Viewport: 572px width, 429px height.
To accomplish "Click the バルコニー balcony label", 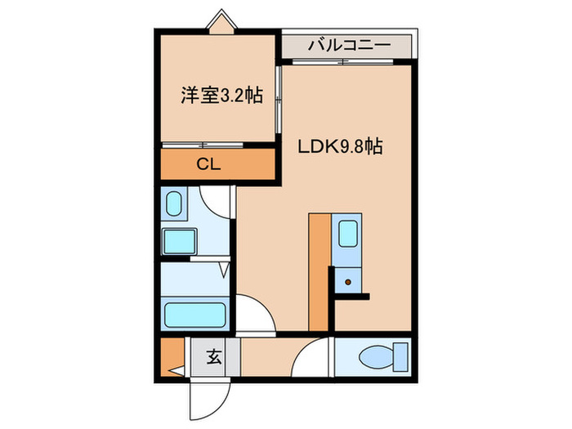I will click(348, 46).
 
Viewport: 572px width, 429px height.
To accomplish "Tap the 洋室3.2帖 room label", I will click(221, 96).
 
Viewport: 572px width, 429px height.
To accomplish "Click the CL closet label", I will click(209, 163).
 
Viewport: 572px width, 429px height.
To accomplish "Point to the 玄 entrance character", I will click(214, 356).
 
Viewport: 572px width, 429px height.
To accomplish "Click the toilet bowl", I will click(375, 356).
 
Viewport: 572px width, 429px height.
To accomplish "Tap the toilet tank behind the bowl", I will click(400, 356).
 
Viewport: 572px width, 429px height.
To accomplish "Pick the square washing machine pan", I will click(179, 241).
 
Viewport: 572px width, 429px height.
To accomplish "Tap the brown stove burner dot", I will click(348, 283).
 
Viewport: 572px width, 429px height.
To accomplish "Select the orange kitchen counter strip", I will click(319, 270).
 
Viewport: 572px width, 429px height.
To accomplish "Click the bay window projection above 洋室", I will click(220, 22).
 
